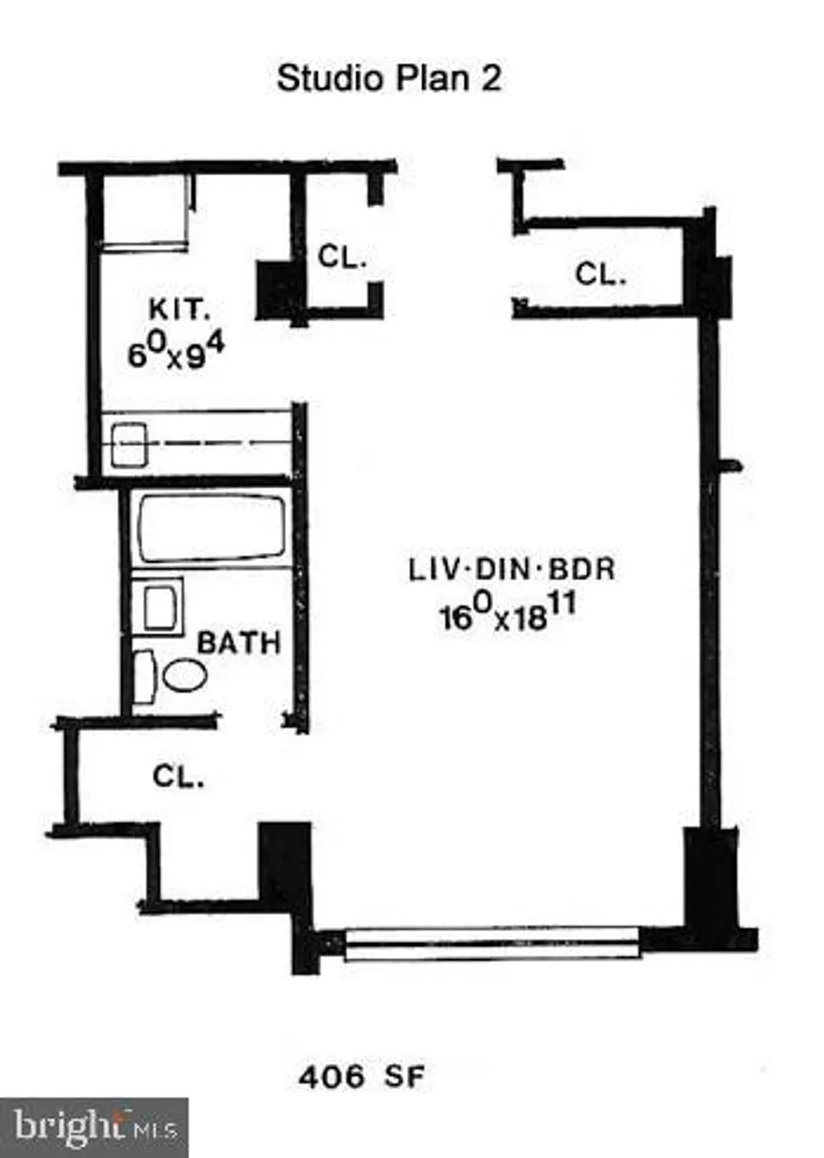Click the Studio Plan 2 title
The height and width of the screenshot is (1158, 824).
[389, 79]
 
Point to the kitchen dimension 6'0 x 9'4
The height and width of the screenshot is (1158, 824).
[175, 352]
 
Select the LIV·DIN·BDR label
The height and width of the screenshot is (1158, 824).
[512, 570]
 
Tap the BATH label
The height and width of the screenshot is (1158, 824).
[239, 643]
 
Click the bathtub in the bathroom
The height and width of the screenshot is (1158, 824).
[212, 529]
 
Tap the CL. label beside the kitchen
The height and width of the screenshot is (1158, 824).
[342, 257]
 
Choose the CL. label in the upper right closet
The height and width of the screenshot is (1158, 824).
[600, 274]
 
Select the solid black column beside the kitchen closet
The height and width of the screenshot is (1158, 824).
[275, 291]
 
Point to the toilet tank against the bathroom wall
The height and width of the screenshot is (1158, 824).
[144, 676]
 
